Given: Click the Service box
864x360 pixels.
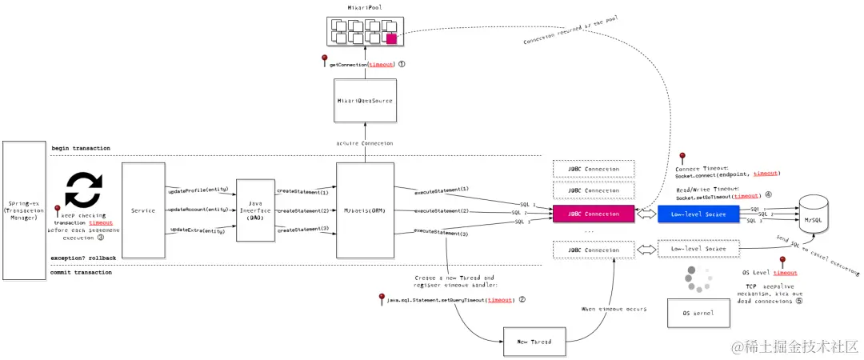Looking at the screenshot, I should [x=143, y=210].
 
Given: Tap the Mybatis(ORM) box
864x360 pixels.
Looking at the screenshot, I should [x=365, y=211].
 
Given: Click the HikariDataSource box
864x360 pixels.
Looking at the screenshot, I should [x=365, y=100].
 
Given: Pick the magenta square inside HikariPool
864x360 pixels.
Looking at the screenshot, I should [x=392, y=38].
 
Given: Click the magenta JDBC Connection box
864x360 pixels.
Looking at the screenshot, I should [x=593, y=214].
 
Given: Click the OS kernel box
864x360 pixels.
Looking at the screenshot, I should [x=698, y=312].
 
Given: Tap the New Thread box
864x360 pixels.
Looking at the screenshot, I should [x=534, y=342].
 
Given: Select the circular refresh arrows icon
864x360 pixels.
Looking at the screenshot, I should [x=82, y=189].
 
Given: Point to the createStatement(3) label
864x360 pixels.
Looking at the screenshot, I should [x=303, y=230].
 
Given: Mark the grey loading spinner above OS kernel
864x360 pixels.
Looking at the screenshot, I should [x=697, y=278].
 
